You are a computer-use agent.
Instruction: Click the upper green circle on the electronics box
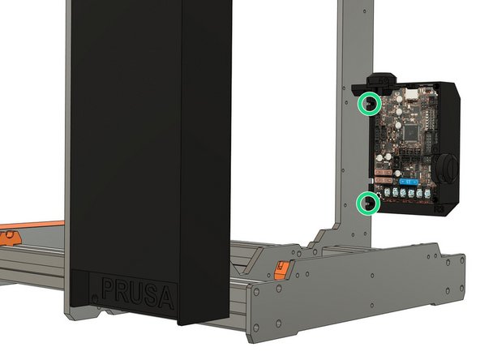[x=371, y=104]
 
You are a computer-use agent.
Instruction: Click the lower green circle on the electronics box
[x=371, y=202]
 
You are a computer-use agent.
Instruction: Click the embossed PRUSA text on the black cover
[x=137, y=293]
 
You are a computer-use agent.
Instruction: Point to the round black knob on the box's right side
[x=444, y=166]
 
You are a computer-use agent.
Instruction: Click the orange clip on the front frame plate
[x=281, y=270]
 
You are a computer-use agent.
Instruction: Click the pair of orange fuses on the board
[x=386, y=174]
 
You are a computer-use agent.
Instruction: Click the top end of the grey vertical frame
[x=353, y=6]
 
